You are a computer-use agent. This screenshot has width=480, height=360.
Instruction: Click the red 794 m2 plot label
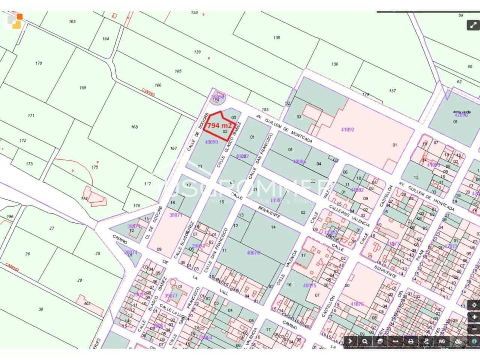tap(220, 125)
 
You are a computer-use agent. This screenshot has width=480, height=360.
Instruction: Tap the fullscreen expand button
tap(472, 25)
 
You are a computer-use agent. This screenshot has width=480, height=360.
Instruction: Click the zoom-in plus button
tap(474, 316)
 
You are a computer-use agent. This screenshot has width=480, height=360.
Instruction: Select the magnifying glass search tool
tap(364, 341)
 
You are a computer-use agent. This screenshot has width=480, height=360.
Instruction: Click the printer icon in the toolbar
tap(411, 341)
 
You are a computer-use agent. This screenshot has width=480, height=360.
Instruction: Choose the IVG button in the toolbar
tap(442, 341)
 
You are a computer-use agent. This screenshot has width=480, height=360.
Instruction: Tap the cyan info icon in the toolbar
tap(474, 341)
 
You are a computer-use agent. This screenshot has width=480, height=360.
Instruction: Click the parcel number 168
tap(134, 127)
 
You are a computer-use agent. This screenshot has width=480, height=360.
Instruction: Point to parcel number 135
tap(277, 37)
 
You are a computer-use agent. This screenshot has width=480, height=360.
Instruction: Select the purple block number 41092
tap(348, 130)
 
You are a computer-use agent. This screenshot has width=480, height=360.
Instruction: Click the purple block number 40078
tap(253, 253)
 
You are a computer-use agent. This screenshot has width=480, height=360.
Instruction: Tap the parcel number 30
tap(41, 309)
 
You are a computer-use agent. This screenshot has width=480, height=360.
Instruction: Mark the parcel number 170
tap(39, 63)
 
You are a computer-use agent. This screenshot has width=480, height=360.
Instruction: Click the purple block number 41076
tap(357, 304)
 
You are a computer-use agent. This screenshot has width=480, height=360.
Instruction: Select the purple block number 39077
tap(171, 295)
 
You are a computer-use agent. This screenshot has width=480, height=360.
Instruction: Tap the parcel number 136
tap(335, 64)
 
